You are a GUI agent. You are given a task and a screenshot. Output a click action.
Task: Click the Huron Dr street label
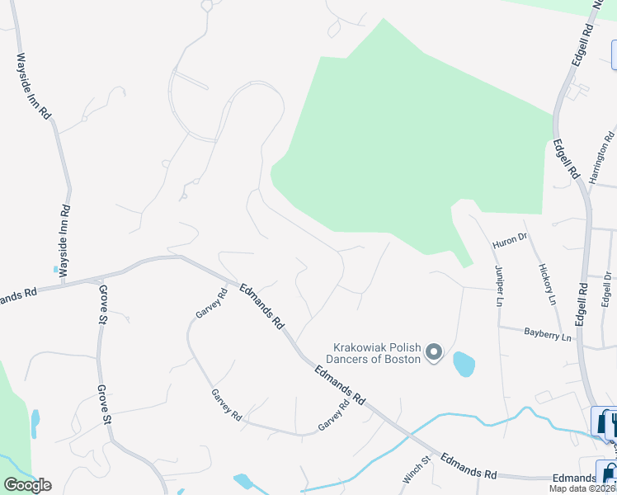coord(509,241)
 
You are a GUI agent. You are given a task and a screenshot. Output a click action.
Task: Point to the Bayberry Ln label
coord(547,333)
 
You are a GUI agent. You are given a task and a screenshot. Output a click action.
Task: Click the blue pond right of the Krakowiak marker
coord(464,363)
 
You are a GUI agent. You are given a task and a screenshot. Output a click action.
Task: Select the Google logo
coord(27,485)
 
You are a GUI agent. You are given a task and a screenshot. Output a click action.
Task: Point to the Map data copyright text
coord(582,488)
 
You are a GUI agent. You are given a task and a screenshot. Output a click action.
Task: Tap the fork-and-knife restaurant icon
coord(611,423)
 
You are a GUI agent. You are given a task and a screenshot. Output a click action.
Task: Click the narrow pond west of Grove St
coord(35,422)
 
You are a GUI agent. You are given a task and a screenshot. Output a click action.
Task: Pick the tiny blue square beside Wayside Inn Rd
coord(55,269)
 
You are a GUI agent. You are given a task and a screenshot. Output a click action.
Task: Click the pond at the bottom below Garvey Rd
coord(243,481)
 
